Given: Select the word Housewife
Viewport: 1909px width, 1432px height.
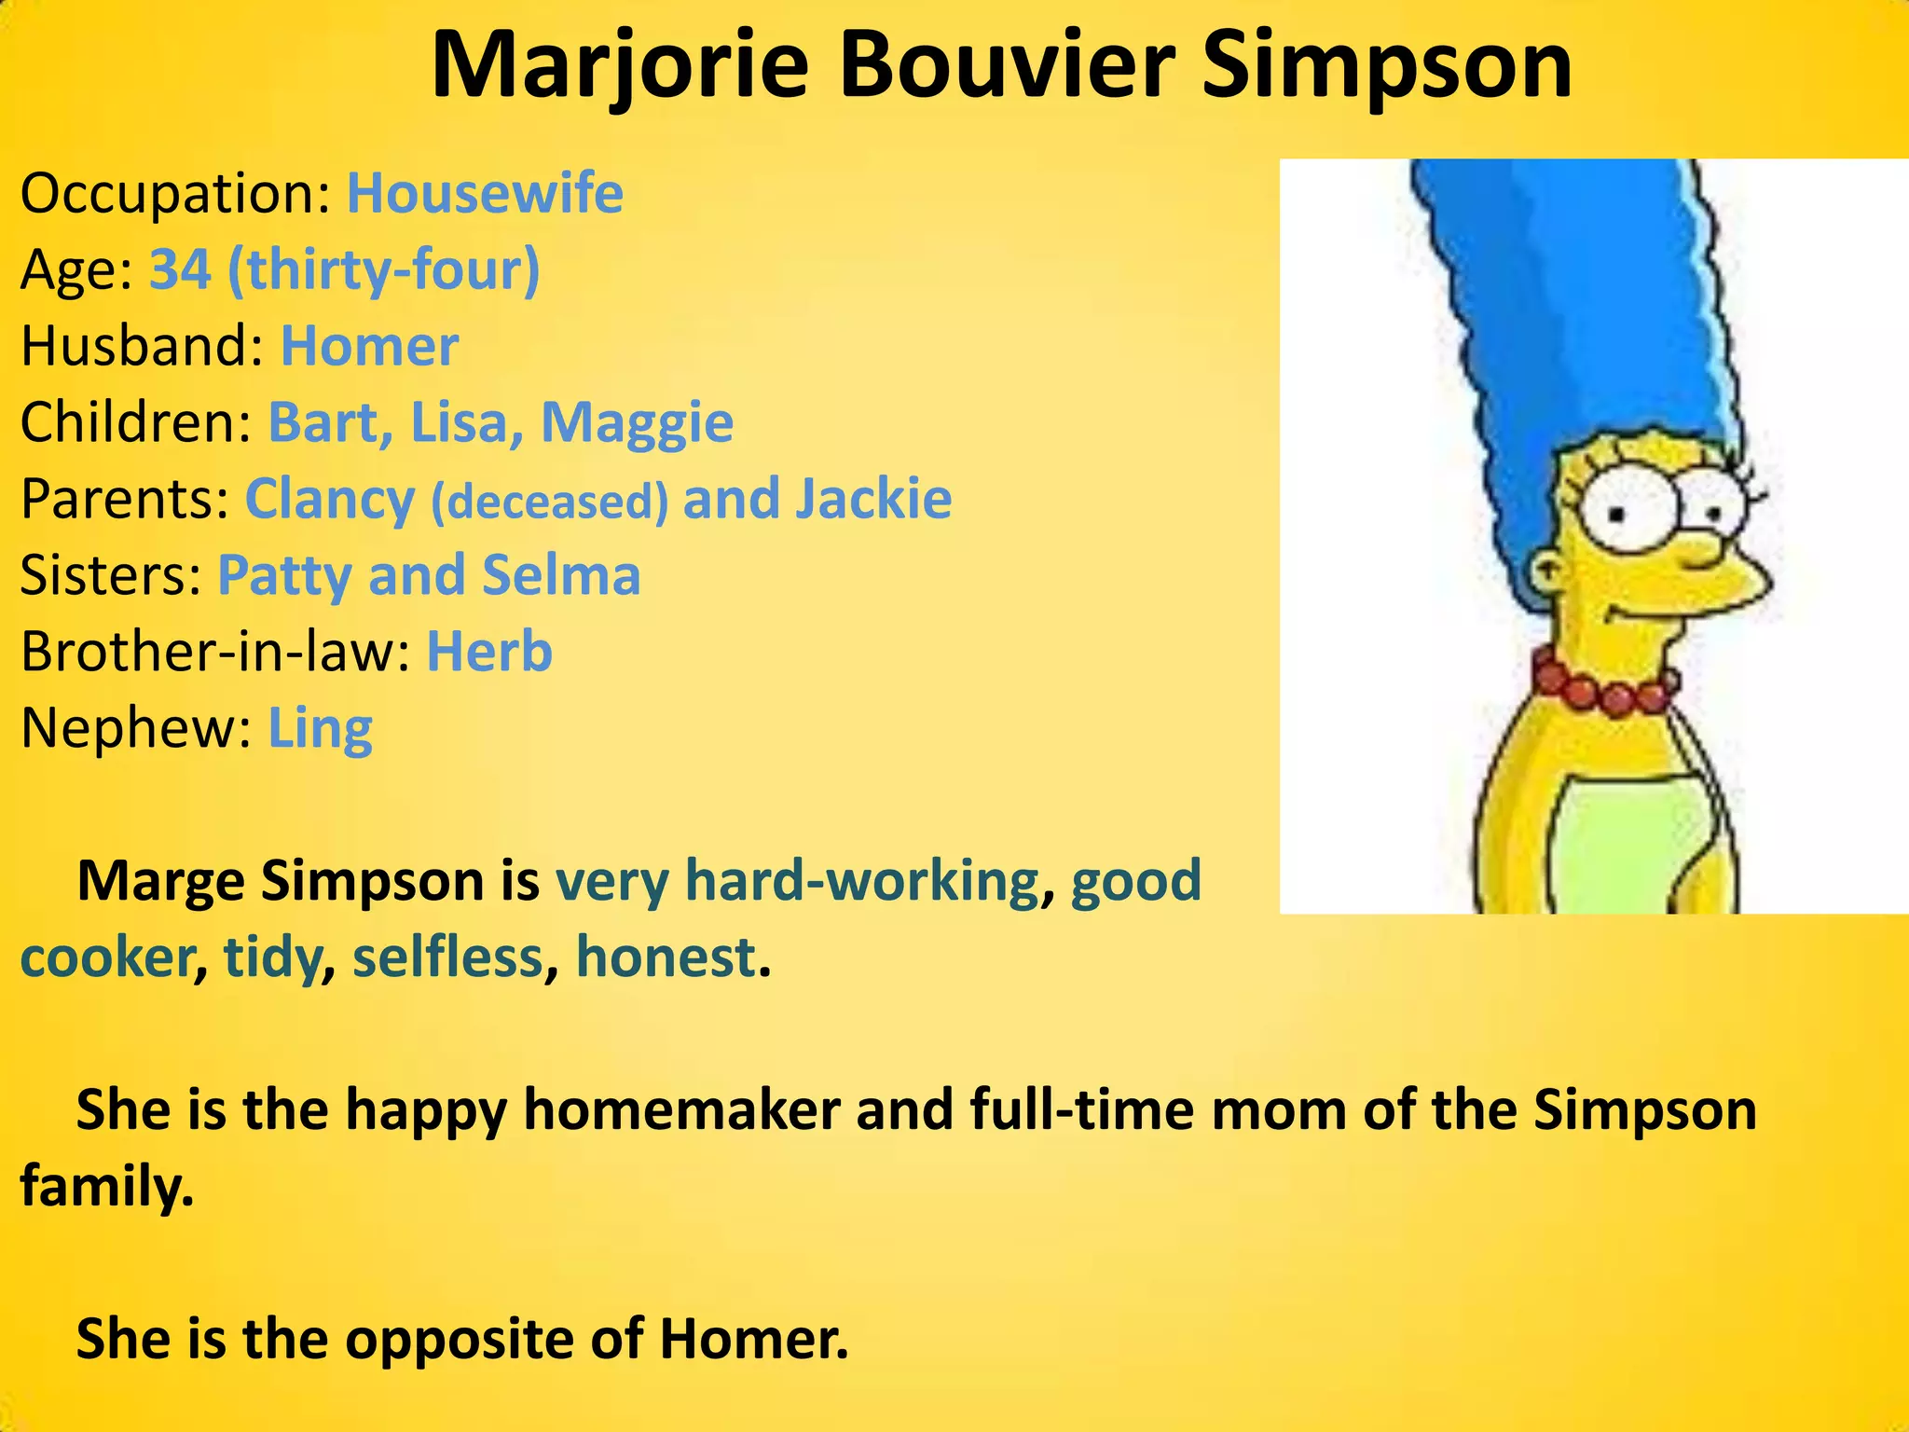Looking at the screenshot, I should [x=485, y=193].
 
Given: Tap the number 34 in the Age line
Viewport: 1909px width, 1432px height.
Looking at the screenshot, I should [x=180, y=269].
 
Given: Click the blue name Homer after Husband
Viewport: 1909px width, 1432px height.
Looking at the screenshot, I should [x=369, y=346].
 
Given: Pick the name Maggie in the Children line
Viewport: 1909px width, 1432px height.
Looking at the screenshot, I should [x=638, y=422].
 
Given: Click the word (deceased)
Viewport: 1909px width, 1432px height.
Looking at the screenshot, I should [x=549, y=501].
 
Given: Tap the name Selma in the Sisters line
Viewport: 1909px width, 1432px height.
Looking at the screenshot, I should [x=561, y=575].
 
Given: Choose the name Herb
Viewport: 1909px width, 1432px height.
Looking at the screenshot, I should [x=489, y=651].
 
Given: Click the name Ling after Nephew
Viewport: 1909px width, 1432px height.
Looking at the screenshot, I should [x=320, y=728].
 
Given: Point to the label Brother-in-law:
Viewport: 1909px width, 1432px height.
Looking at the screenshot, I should [x=215, y=651].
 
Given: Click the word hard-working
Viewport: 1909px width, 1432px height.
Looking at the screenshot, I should [x=862, y=881].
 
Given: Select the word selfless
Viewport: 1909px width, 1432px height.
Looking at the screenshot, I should [x=447, y=957].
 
